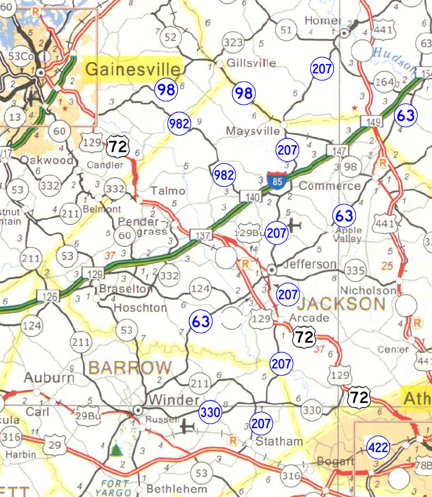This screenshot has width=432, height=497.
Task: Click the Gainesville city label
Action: pyautogui.click(x=133, y=69)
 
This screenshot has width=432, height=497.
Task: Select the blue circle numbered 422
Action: pyautogui.click(x=379, y=447)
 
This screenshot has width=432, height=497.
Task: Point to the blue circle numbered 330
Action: pyautogui.click(x=210, y=412)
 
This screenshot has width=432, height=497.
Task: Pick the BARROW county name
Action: pyautogui.click(x=130, y=367)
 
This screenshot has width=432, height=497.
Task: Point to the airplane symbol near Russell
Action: pyautogui.click(x=189, y=427)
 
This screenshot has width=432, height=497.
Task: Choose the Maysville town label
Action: pyautogui.click(x=253, y=130)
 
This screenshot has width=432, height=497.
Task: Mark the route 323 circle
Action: pyautogui.click(x=232, y=42)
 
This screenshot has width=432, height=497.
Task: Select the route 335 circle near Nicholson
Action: pyautogui.click(x=355, y=271)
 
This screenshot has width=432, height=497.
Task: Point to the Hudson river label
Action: pyautogui.click(x=394, y=57)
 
